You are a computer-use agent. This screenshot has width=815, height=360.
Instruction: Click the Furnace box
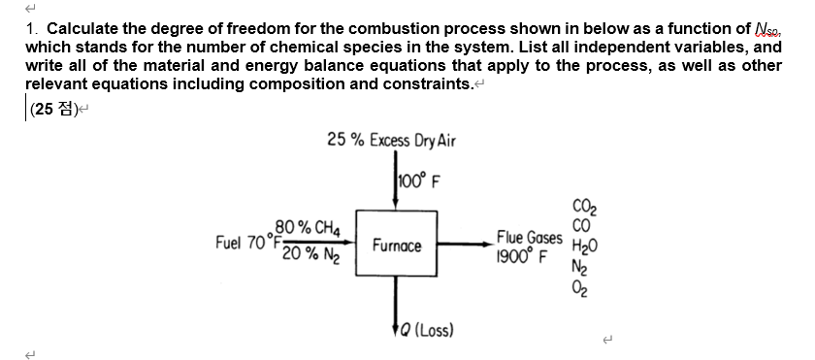(x=397, y=246)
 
